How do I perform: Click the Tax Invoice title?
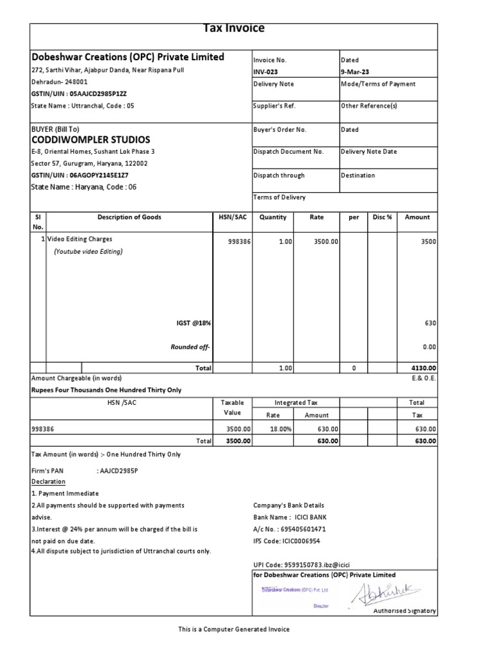(x=233, y=28)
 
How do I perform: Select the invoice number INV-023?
(x=266, y=72)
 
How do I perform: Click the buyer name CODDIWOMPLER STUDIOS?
(x=91, y=140)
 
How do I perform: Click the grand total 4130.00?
(x=423, y=368)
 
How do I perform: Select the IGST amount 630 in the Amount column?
(x=430, y=324)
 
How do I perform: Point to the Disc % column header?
(x=382, y=217)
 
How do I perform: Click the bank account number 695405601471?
(x=304, y=529)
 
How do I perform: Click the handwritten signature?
(x=379, y=593)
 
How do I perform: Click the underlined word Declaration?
(x=48, y=482)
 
